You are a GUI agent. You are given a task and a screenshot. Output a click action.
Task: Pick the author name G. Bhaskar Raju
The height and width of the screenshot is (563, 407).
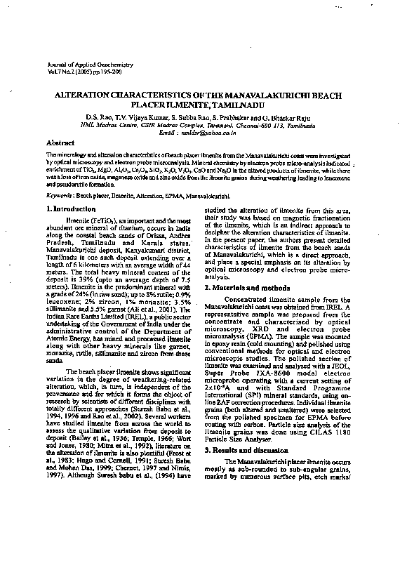pos(289,117)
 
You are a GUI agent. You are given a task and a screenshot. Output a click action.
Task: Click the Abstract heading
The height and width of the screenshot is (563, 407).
pos(59,143)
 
